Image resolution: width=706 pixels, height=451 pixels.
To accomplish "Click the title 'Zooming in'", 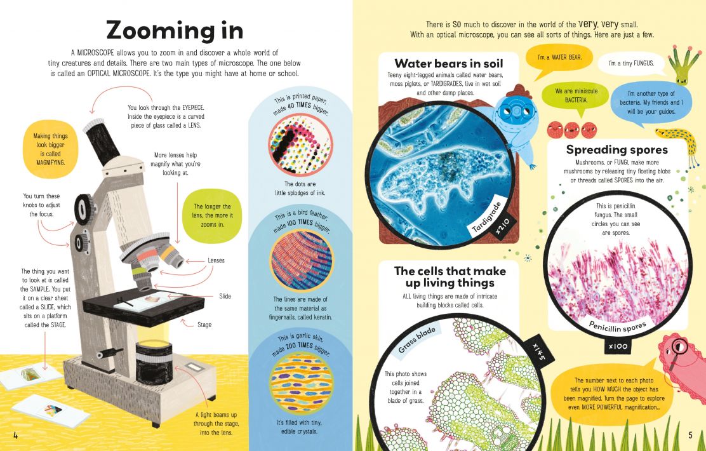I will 174,30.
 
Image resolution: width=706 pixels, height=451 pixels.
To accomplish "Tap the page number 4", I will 15,434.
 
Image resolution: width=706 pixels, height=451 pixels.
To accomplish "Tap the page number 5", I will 690,434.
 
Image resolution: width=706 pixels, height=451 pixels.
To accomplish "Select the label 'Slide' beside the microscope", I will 225,296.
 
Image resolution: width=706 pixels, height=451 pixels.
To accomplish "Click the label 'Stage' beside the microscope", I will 204,325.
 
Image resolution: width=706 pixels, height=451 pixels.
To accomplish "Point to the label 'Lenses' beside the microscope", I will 216,260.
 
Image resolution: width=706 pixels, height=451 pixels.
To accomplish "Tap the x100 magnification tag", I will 618,347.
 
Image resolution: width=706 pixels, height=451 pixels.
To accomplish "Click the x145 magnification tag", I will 539,351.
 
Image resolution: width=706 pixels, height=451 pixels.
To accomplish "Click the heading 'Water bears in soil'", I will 448,64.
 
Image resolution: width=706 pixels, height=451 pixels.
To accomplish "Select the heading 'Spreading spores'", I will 616,150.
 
